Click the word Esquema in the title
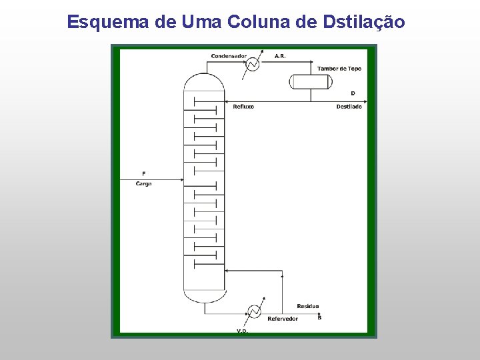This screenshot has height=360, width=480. (x=108, y=22)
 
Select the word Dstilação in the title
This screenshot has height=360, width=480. (x=363, y=22)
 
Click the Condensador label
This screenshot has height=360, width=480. (x=229, y=56)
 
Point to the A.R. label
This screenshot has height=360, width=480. (x=280, y=56)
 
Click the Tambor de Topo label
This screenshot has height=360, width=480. (x=339, y=69)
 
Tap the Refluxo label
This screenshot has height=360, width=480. (x=243, y=107)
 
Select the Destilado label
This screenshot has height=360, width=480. (x=349, y=107)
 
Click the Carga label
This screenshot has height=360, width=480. (x=143, y=183)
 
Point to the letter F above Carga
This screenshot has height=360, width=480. (x=143, y=173)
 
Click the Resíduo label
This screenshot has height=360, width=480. (x=308, y=306)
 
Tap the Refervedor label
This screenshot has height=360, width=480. (x=283, y=319)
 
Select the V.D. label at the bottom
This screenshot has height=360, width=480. (x=243, y=331)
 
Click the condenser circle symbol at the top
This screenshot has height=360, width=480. (x=253, y=64)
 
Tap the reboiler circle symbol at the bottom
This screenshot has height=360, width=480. (x=254, y=311)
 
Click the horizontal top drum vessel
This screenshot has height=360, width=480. (x=310, y=82)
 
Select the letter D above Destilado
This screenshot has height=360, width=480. (x=353, y=93)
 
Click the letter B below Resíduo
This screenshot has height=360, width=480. (x=319, y=318)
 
